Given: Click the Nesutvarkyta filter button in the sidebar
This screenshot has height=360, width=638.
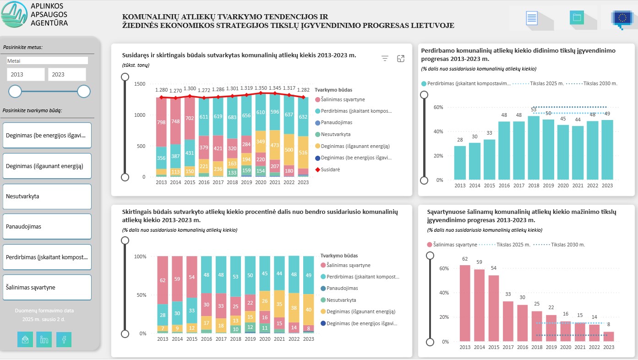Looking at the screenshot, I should click(47, 196).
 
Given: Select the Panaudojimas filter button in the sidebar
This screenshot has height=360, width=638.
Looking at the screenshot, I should click(47, 226).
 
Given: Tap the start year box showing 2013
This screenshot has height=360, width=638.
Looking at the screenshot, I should click(26, 74).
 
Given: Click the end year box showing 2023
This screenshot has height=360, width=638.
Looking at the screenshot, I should click(67, 74).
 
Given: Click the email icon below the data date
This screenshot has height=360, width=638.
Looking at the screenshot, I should click(25, 339).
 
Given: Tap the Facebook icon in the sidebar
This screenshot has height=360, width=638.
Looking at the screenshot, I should click(64, 339).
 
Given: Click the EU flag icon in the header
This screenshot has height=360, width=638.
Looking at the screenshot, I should click(622, 18).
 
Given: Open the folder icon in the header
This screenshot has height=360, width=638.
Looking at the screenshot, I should click(577, 18).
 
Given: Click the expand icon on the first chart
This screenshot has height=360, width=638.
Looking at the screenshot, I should click(401, 58).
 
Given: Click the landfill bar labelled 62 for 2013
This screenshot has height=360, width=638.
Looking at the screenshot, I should click(465, 303).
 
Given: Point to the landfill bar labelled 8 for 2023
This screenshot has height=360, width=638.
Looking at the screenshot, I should click(609, 336).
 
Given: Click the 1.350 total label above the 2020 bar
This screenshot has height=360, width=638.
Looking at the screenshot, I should click(261, 88).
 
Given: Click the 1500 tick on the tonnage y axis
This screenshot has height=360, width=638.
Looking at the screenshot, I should click(139, 84).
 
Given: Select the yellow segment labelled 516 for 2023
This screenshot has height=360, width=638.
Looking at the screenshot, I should click(303, 153).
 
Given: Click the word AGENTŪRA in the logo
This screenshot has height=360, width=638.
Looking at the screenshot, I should click(50, 22).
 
